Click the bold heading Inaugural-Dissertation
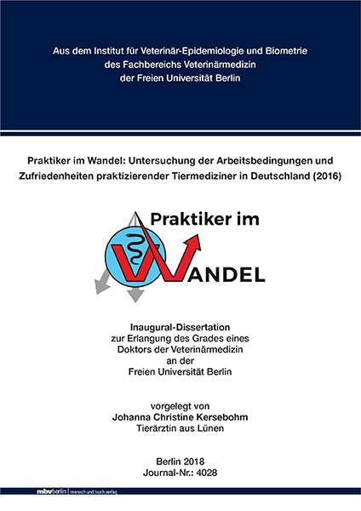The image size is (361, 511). tap(180, 327)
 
